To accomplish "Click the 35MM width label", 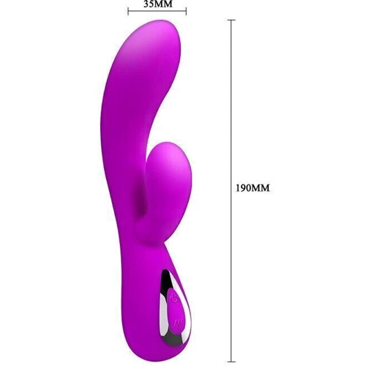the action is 157,4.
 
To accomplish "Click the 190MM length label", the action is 253,188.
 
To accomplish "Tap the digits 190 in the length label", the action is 243,188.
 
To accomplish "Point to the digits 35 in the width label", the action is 149,4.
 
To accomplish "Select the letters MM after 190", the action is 261,188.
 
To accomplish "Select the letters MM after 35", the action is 163,4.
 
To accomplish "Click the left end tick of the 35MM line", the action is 128,11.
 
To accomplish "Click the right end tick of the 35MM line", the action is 186,11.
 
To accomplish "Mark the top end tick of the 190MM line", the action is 231,20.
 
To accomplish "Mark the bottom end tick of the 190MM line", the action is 231,362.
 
